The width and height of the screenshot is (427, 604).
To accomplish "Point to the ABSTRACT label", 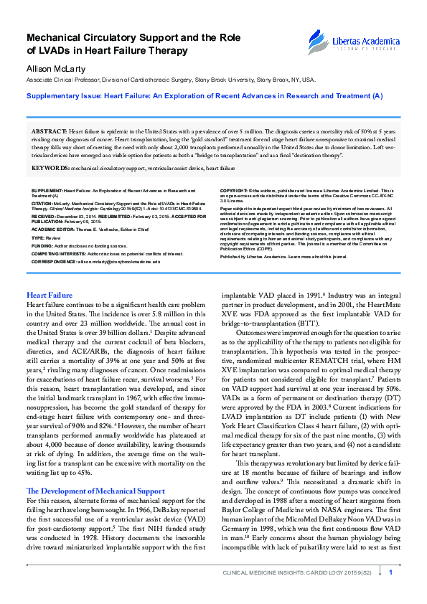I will click(x=49, y=133).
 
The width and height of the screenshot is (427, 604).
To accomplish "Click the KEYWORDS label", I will click(x=50, y=168).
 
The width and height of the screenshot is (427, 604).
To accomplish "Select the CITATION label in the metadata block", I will click(x=43, y=203).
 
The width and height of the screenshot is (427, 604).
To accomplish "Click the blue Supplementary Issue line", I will click(x=205, y=95).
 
